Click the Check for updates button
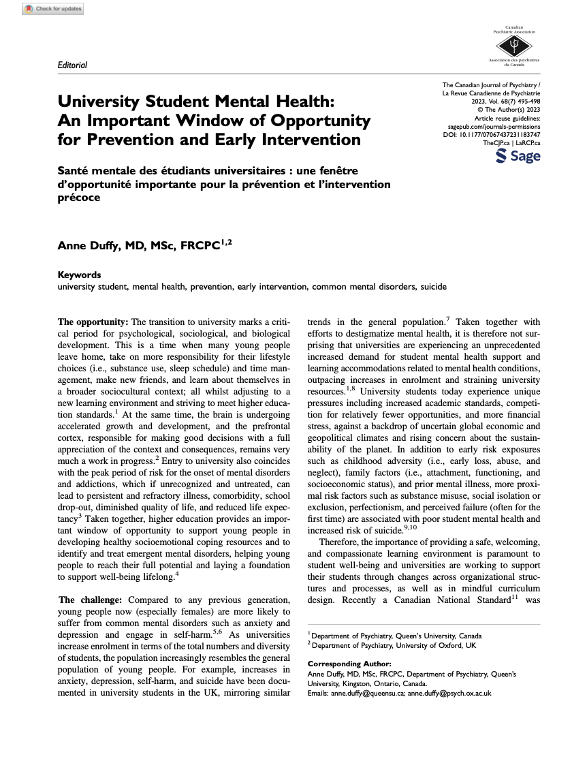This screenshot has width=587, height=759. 53,9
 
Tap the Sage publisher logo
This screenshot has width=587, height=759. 518,156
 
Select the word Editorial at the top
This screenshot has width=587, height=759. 73,65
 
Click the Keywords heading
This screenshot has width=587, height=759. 79,275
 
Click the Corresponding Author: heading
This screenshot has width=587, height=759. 349,663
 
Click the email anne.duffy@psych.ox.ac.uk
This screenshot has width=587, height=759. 449,693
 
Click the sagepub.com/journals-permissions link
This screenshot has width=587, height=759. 494,126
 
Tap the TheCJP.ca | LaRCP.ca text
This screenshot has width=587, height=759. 511,143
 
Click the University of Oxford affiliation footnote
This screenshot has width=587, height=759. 394,645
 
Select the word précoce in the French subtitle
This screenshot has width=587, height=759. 78,198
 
